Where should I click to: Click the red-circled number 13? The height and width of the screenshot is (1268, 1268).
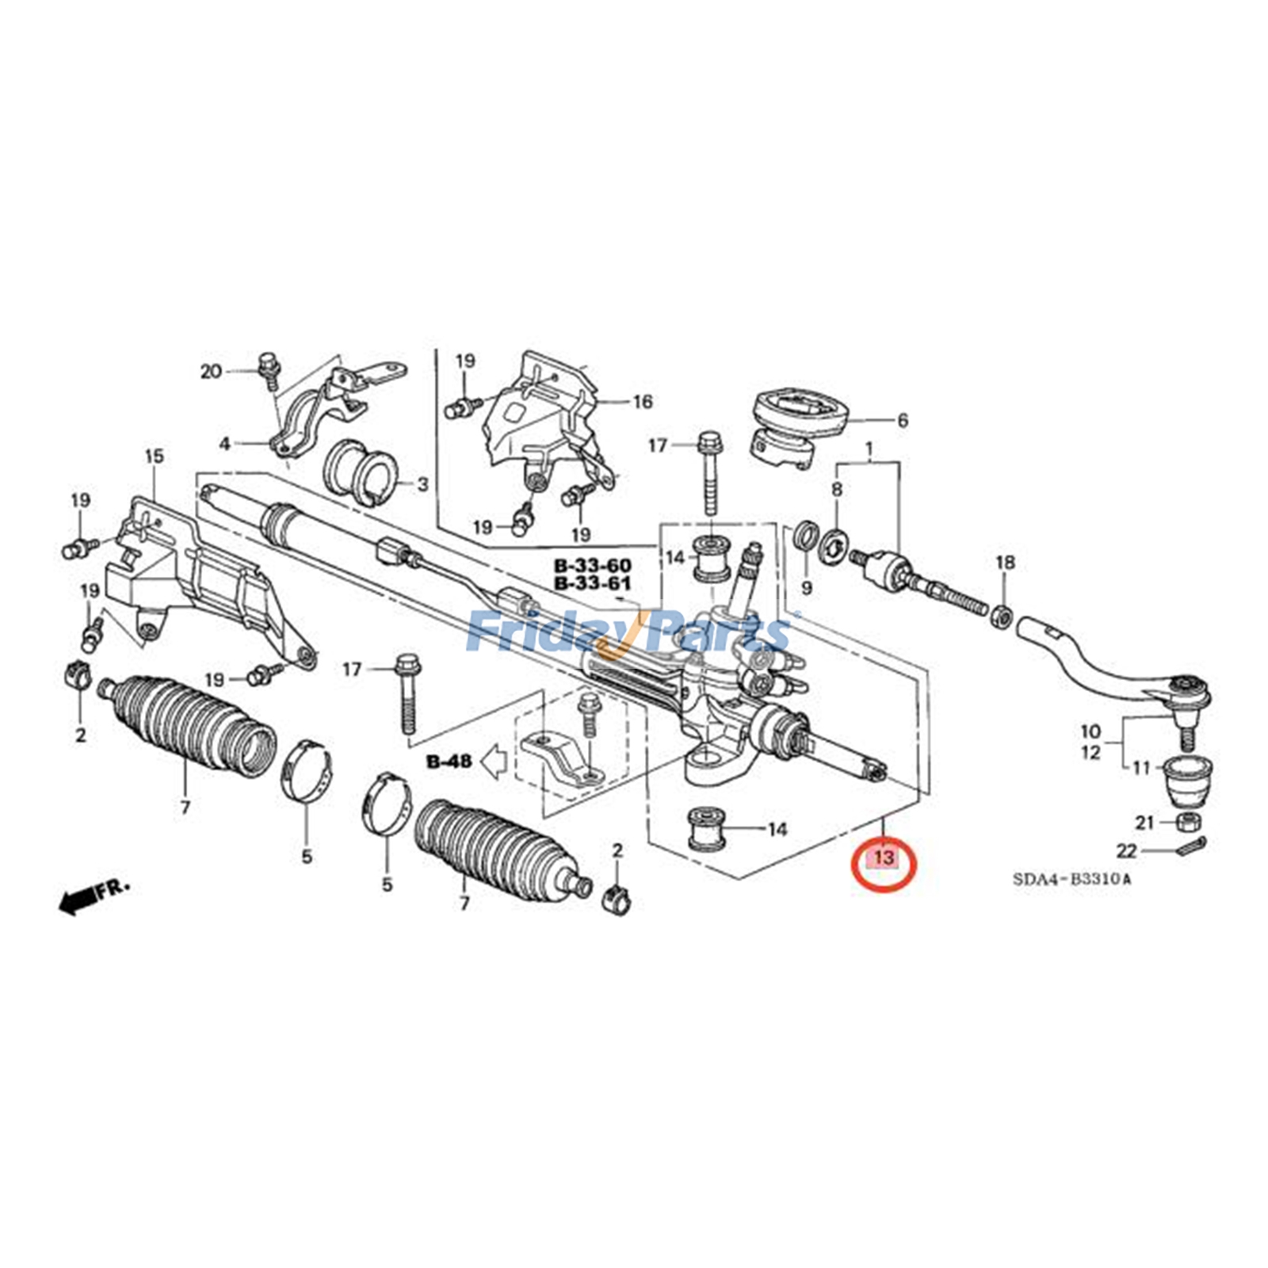(x=884, y=857)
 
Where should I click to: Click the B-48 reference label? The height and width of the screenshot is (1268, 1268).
(x=449, y=762)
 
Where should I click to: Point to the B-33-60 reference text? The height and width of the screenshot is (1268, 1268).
(x=592, y=566)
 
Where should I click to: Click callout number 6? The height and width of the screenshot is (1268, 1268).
(x=902, y=421)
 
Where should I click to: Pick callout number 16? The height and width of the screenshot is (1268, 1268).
(x=642, y=402)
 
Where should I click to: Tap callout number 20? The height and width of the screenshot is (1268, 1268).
(x=211, y=371)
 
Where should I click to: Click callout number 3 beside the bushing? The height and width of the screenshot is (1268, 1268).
(x=422, y=483)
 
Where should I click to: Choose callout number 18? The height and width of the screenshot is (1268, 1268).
(x=1004, y=563)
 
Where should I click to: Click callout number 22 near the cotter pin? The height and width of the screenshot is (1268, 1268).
(x=1126, y=851)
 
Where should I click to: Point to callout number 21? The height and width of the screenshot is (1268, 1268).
(x=1144, y=823)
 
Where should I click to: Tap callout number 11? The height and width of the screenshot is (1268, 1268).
(x=1140, y=767)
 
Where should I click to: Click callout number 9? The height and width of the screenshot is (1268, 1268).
(x=807, y=588)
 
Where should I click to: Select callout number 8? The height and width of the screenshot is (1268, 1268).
(x=836, y=490)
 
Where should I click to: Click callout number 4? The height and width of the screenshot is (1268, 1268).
(x=225, y=444)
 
